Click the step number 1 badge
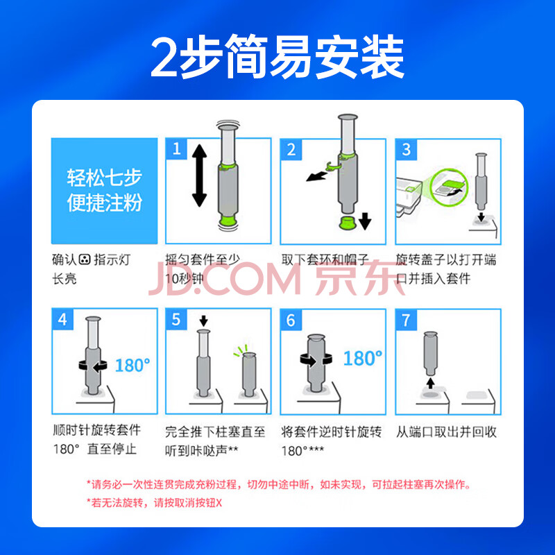coord(176,148)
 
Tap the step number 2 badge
coord(291,149)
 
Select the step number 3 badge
coord(406,149)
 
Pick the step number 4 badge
coord(62,319)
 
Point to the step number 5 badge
coord(176,319)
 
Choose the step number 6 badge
coord(291,320)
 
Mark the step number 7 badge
coord(406,320)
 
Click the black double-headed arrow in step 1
coord(199,176)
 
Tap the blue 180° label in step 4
coord(133,366)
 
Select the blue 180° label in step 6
coord(363,358)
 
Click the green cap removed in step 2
coord(347,223)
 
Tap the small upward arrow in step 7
coord(430,384)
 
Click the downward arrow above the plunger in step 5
coord(203,321)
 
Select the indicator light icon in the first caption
coord(85,259)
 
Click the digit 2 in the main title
coord(164,57)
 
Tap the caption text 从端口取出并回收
coord(446,432)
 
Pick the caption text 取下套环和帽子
coord(325,259)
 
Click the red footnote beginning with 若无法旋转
coord(154,502)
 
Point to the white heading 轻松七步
coord(105,178)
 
